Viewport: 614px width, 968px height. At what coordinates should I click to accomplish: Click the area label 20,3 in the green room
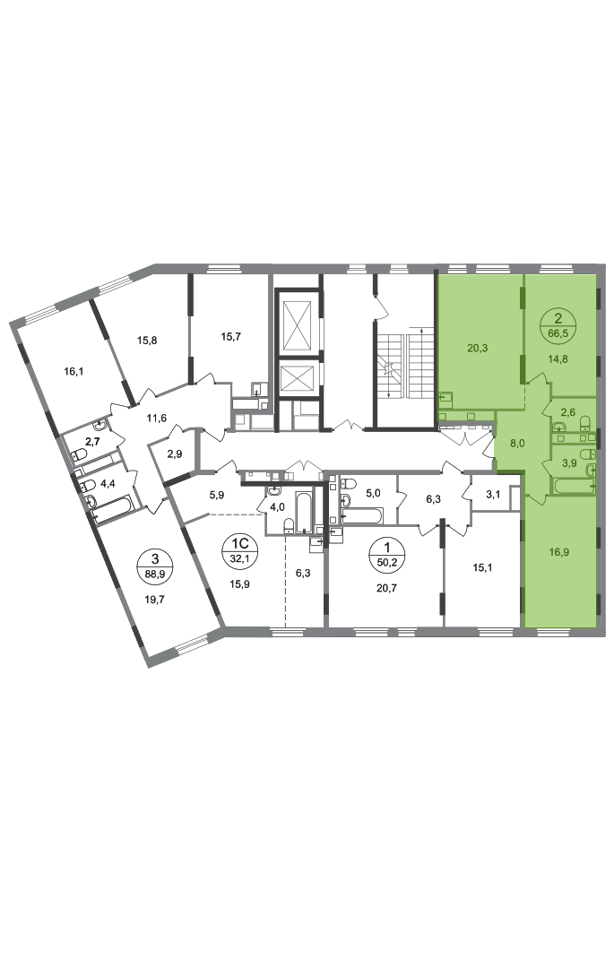477,348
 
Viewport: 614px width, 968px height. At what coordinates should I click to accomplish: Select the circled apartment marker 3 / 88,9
155,565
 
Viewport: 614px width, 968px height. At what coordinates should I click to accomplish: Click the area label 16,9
558,552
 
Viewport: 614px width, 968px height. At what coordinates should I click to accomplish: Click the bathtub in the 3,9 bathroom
574,486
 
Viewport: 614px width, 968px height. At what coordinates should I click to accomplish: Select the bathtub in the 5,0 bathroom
362,514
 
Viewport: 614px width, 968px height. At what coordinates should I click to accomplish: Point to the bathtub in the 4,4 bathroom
112,509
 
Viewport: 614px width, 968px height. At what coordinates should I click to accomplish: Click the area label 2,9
175,454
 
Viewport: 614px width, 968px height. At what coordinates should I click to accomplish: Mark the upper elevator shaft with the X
298,323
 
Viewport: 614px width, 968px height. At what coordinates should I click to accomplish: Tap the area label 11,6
156,418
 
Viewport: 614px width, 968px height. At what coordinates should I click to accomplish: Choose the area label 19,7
155,598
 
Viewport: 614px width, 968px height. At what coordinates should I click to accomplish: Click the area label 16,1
73,371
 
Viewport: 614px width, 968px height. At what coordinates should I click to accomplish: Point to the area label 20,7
386,588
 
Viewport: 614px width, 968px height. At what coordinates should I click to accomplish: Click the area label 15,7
230,336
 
